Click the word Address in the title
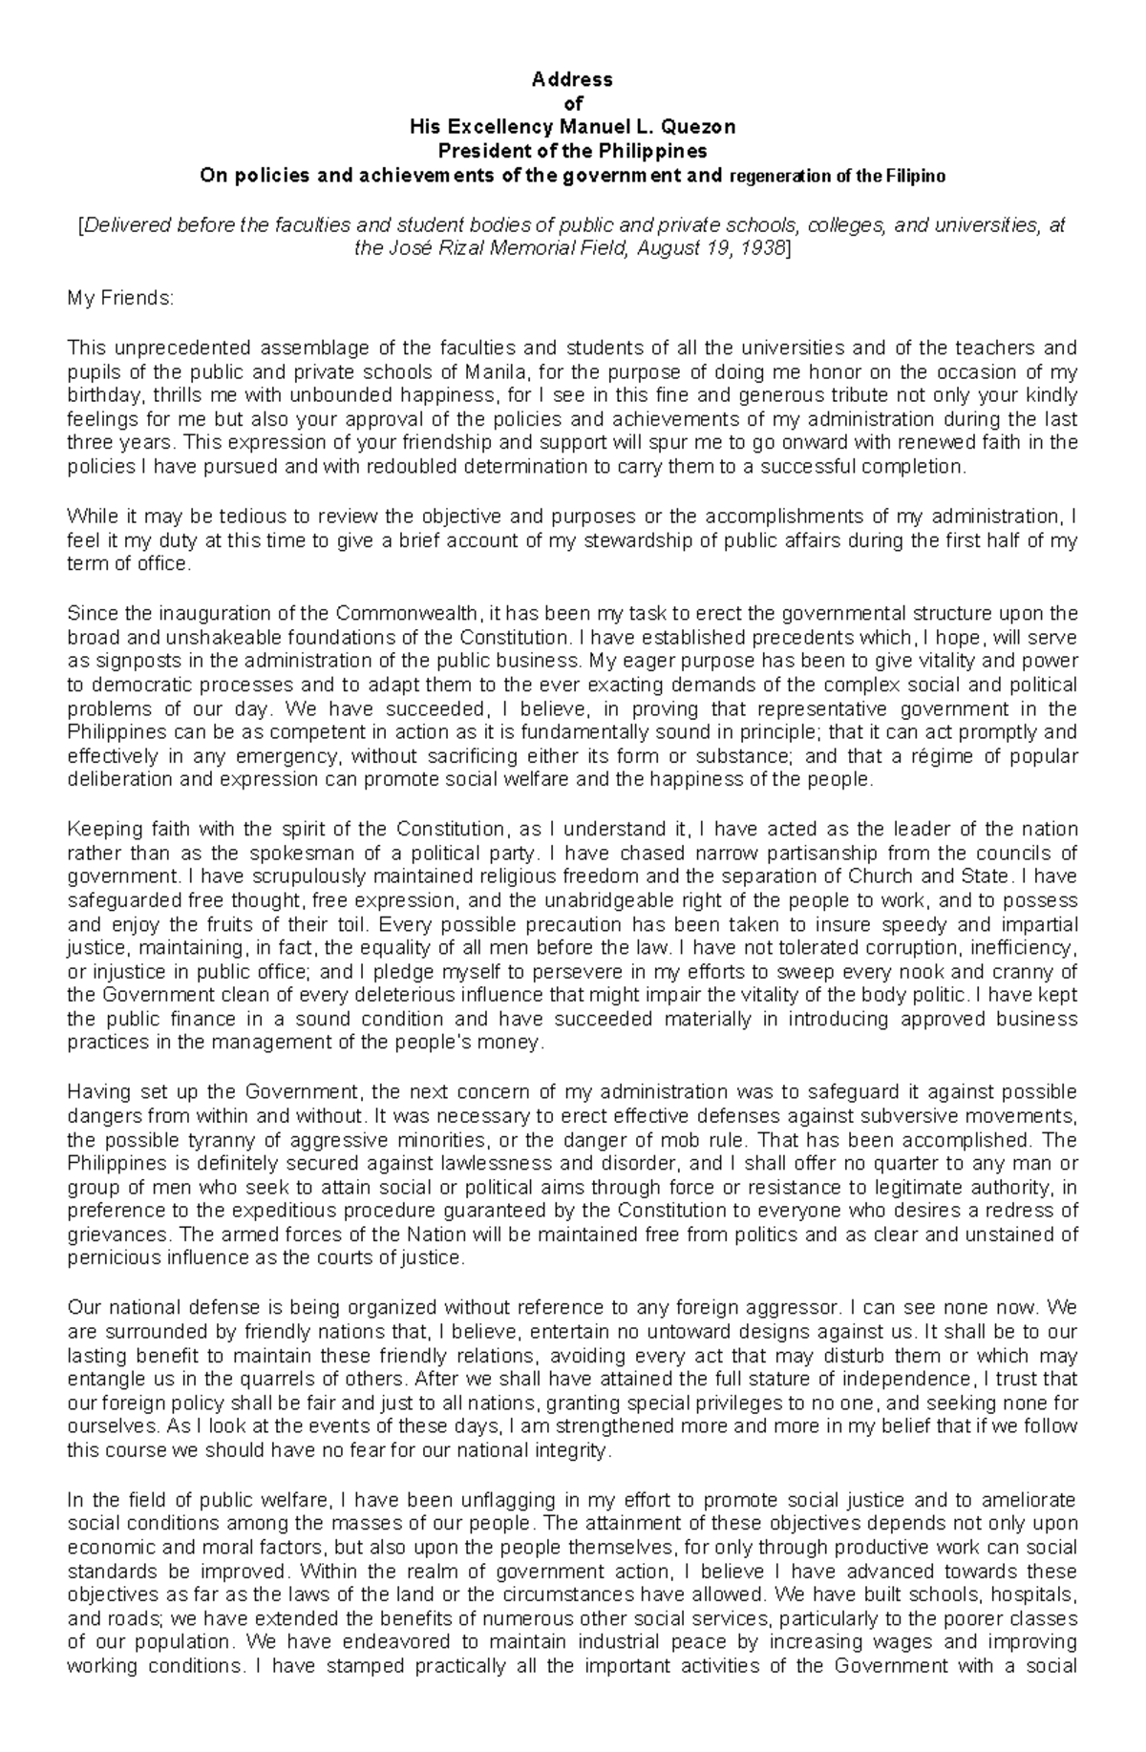pyautogui.click(x=572, y=79)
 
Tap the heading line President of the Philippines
pyautogui.click(x=572, y=151)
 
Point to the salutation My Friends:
pyautogui.click(x=120, y=299)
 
